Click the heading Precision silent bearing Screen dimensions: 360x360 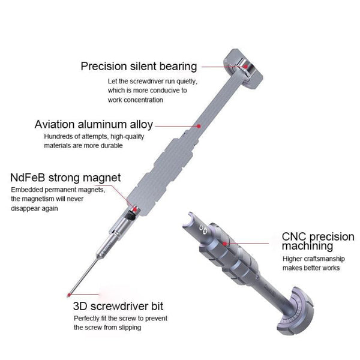tap(139, 66)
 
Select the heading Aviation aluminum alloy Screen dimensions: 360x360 tap(94, 125)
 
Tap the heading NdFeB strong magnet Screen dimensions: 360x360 tap(65, 178)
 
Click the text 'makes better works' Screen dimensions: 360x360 tap(311, 268)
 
